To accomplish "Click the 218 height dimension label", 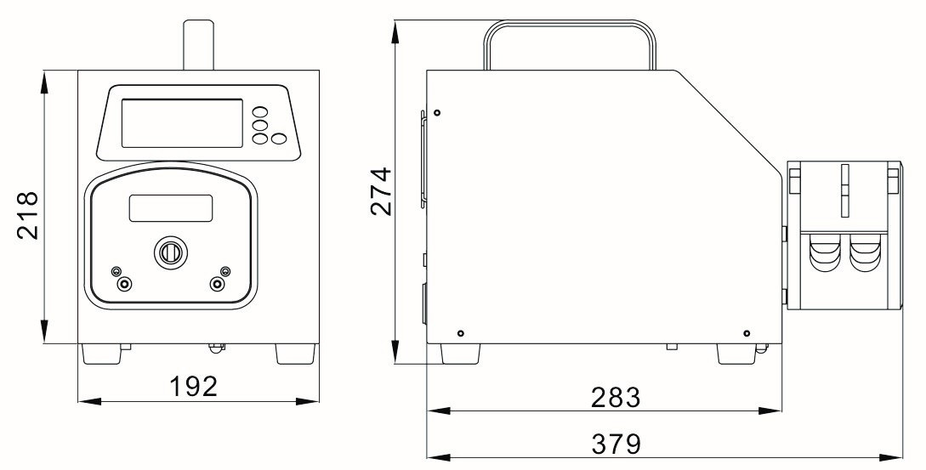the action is point(27,215).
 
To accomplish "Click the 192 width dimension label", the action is point(194,386).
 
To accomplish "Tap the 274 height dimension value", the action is point(381,191).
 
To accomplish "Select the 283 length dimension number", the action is point(616,398).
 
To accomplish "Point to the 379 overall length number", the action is point(616,444).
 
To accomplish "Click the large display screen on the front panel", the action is point(182,123).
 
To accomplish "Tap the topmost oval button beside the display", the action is point(260,112).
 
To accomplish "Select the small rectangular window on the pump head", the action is point(171,208).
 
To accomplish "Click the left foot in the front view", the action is point(101,354).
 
